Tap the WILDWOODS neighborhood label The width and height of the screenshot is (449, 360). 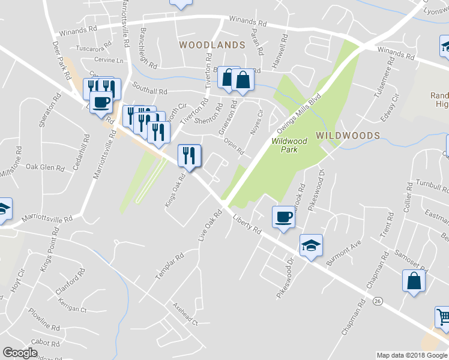pyautogui.click(x=348, y=136)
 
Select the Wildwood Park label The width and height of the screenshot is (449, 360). pyautogui.click(x=289, y=145)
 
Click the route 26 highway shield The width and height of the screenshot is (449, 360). pyautogui.click(x=378, y=300)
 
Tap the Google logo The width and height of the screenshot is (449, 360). pyautogui.click(x=20, y=353)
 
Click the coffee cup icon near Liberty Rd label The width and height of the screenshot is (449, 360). pyautogui.click(x=283, y=217)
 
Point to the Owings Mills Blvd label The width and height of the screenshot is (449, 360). pyautogui.click(x=299, y=114)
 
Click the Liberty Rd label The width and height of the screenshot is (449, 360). pyautogui.click(x=247, y=224)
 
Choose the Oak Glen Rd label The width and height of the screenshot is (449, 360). pyautogui.click(x=40, y=166)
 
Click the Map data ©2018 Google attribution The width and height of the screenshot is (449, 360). pyautogui.click(x=412, y=355)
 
